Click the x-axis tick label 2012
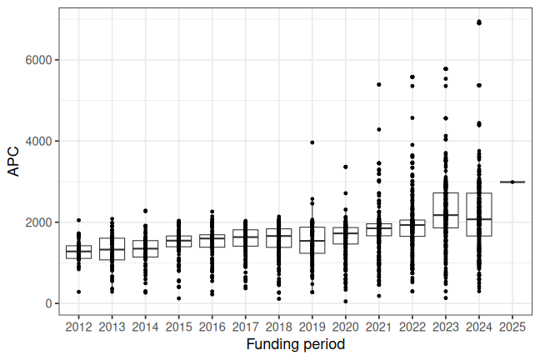78,326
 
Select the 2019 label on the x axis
312,326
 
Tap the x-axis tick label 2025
512,326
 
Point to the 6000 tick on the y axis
39,60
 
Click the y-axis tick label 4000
39,142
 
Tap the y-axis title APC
13,162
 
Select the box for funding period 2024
479,214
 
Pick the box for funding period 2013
112,249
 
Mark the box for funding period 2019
312,240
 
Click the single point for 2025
512,182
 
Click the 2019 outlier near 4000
312,142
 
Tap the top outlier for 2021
379,84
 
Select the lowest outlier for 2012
78,292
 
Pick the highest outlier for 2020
346,167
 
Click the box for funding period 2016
212,241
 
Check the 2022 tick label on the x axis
412,326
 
